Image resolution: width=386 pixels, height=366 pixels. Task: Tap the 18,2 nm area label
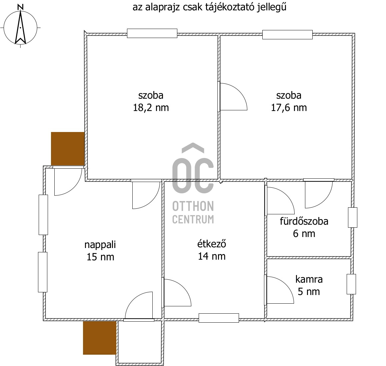coord(151,108)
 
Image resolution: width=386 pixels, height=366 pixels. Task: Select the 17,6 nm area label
coord(289,108)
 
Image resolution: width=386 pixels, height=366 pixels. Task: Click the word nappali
coord(100,245)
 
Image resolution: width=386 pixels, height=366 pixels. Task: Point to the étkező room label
coord(212,244)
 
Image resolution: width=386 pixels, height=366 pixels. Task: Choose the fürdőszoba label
coord(304,221)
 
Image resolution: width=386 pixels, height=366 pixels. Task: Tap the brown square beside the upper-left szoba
coord(67,148)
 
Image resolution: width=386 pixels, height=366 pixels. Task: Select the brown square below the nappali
coord(99,337)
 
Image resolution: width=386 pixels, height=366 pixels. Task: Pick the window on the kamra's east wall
coord(351,284)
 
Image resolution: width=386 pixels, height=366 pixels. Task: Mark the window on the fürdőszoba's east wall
coord(352,217)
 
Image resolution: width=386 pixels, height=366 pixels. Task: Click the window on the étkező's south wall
coord(219,318)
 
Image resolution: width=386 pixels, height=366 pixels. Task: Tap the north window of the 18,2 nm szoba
coord(152,33)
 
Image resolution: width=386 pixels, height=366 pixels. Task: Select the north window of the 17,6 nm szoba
coord(287,35)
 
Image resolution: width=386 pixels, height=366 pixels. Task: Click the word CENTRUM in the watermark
coord(193,219)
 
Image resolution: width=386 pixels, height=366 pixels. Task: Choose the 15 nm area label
coord(100,257)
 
